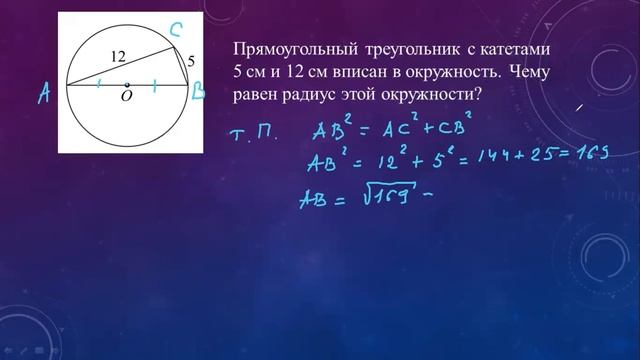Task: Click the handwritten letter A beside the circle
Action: (44, 93)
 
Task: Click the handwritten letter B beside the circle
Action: (199, 93)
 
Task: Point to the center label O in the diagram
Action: (127, 96)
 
